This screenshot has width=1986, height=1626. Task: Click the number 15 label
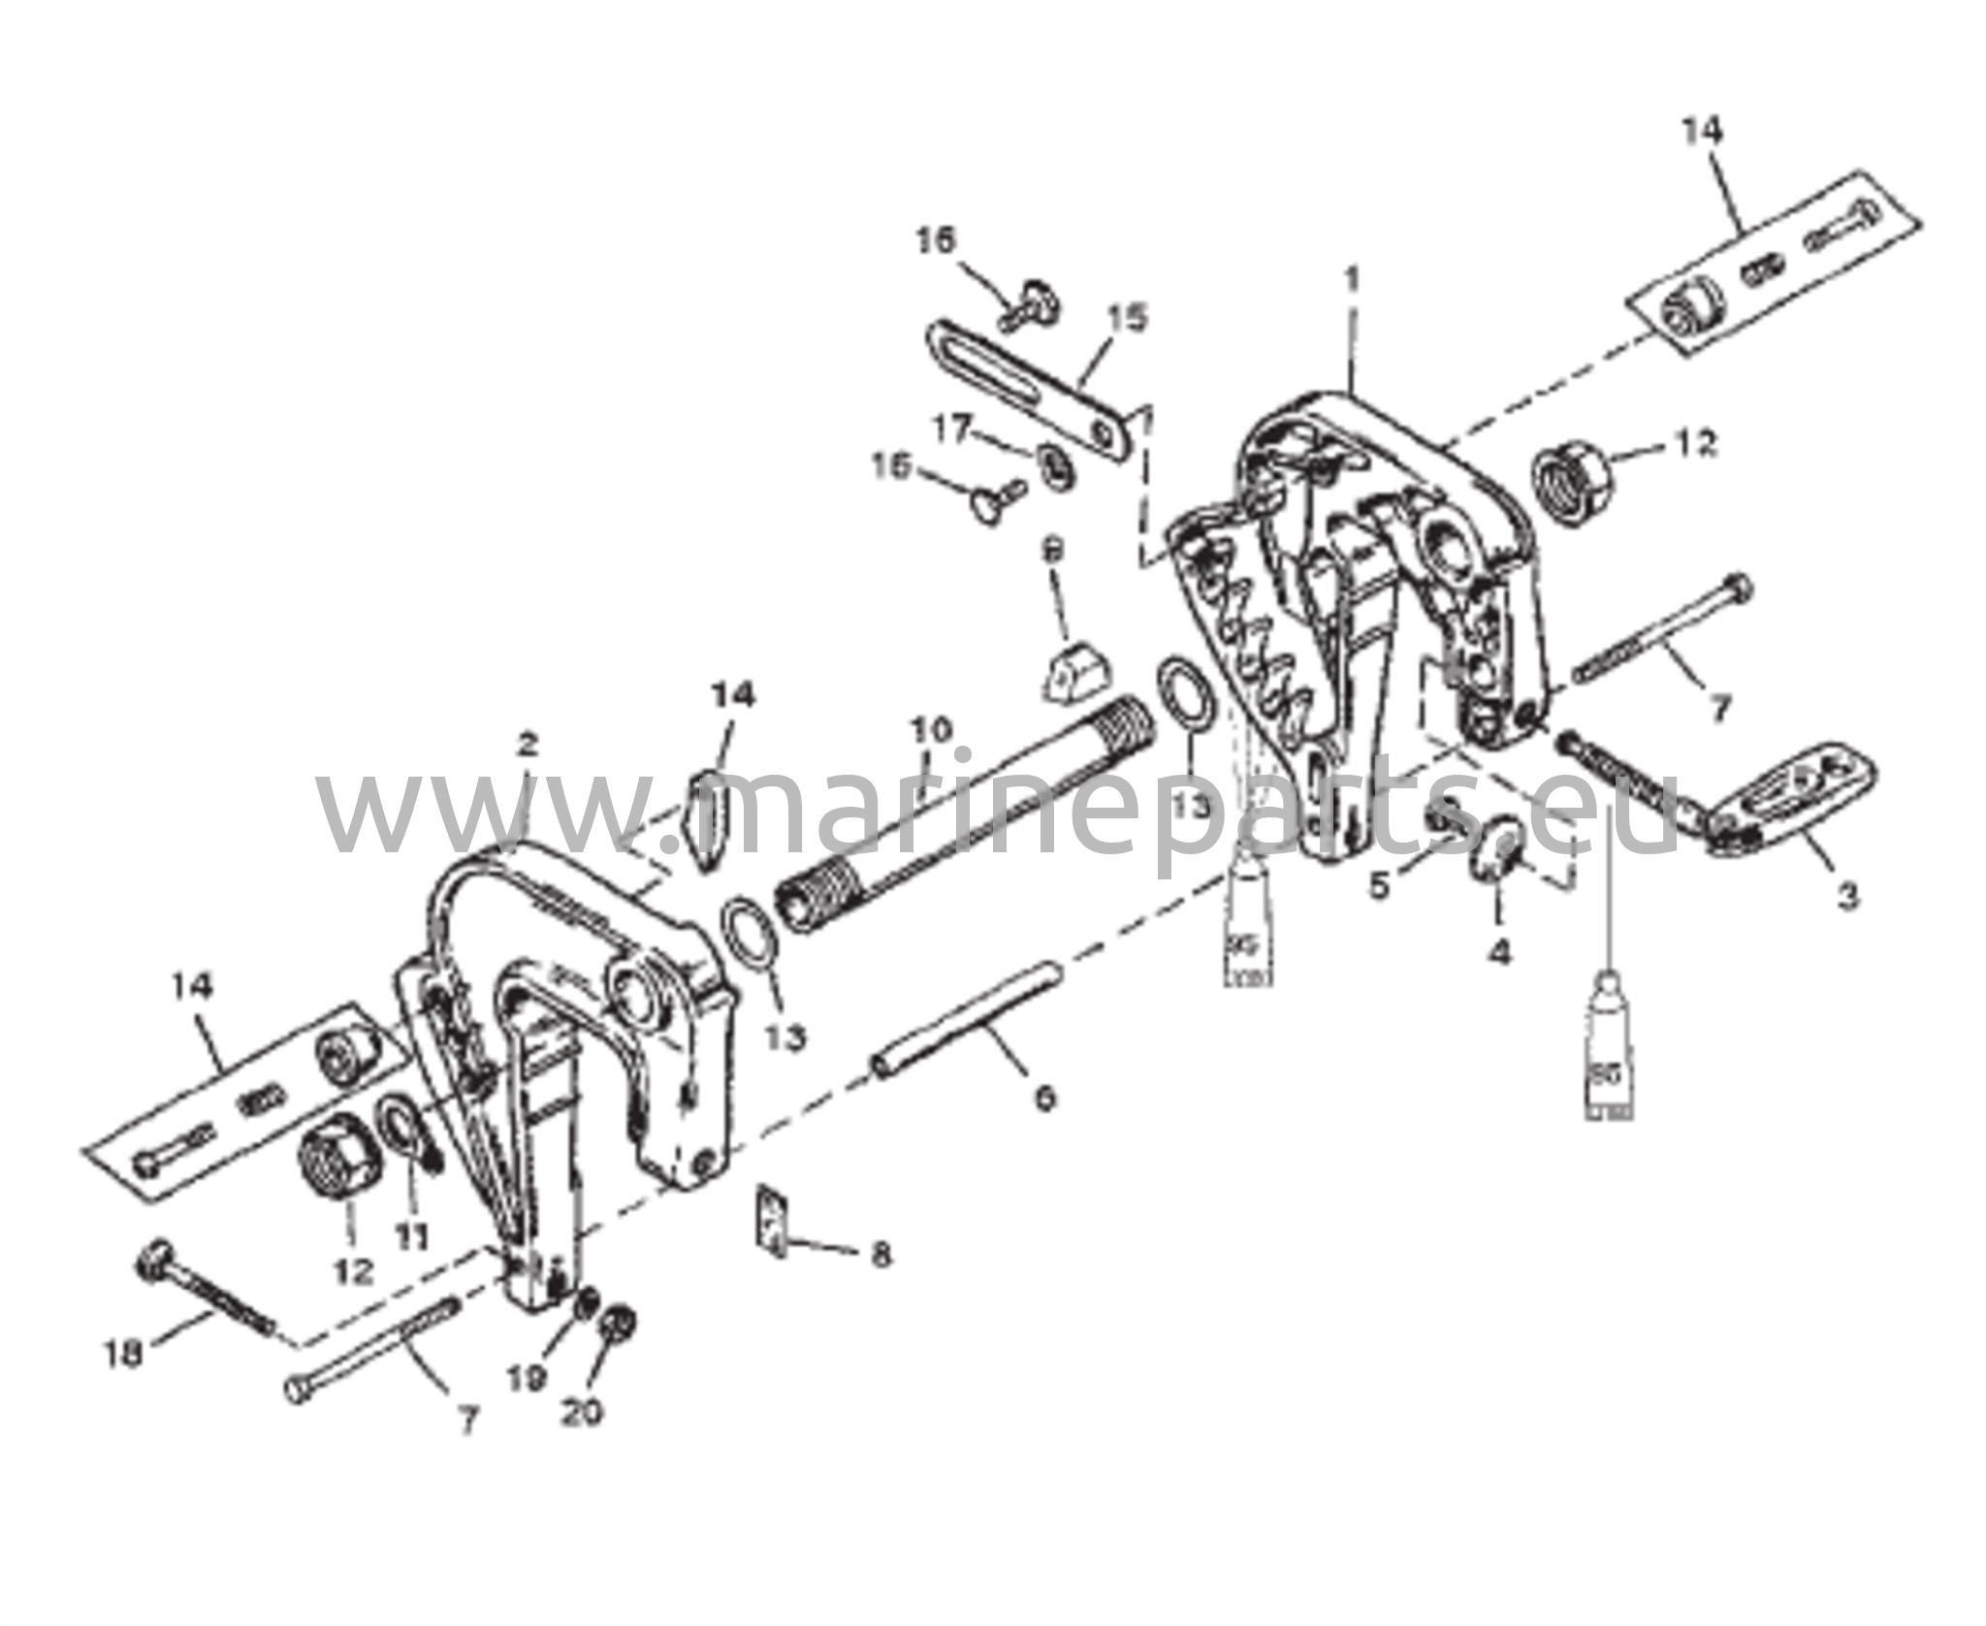[1128, 319]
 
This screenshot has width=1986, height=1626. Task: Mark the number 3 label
[1846, 896]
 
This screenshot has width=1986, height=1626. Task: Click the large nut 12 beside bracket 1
[1572, 480]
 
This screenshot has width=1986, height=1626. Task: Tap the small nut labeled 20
[618, 1323]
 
